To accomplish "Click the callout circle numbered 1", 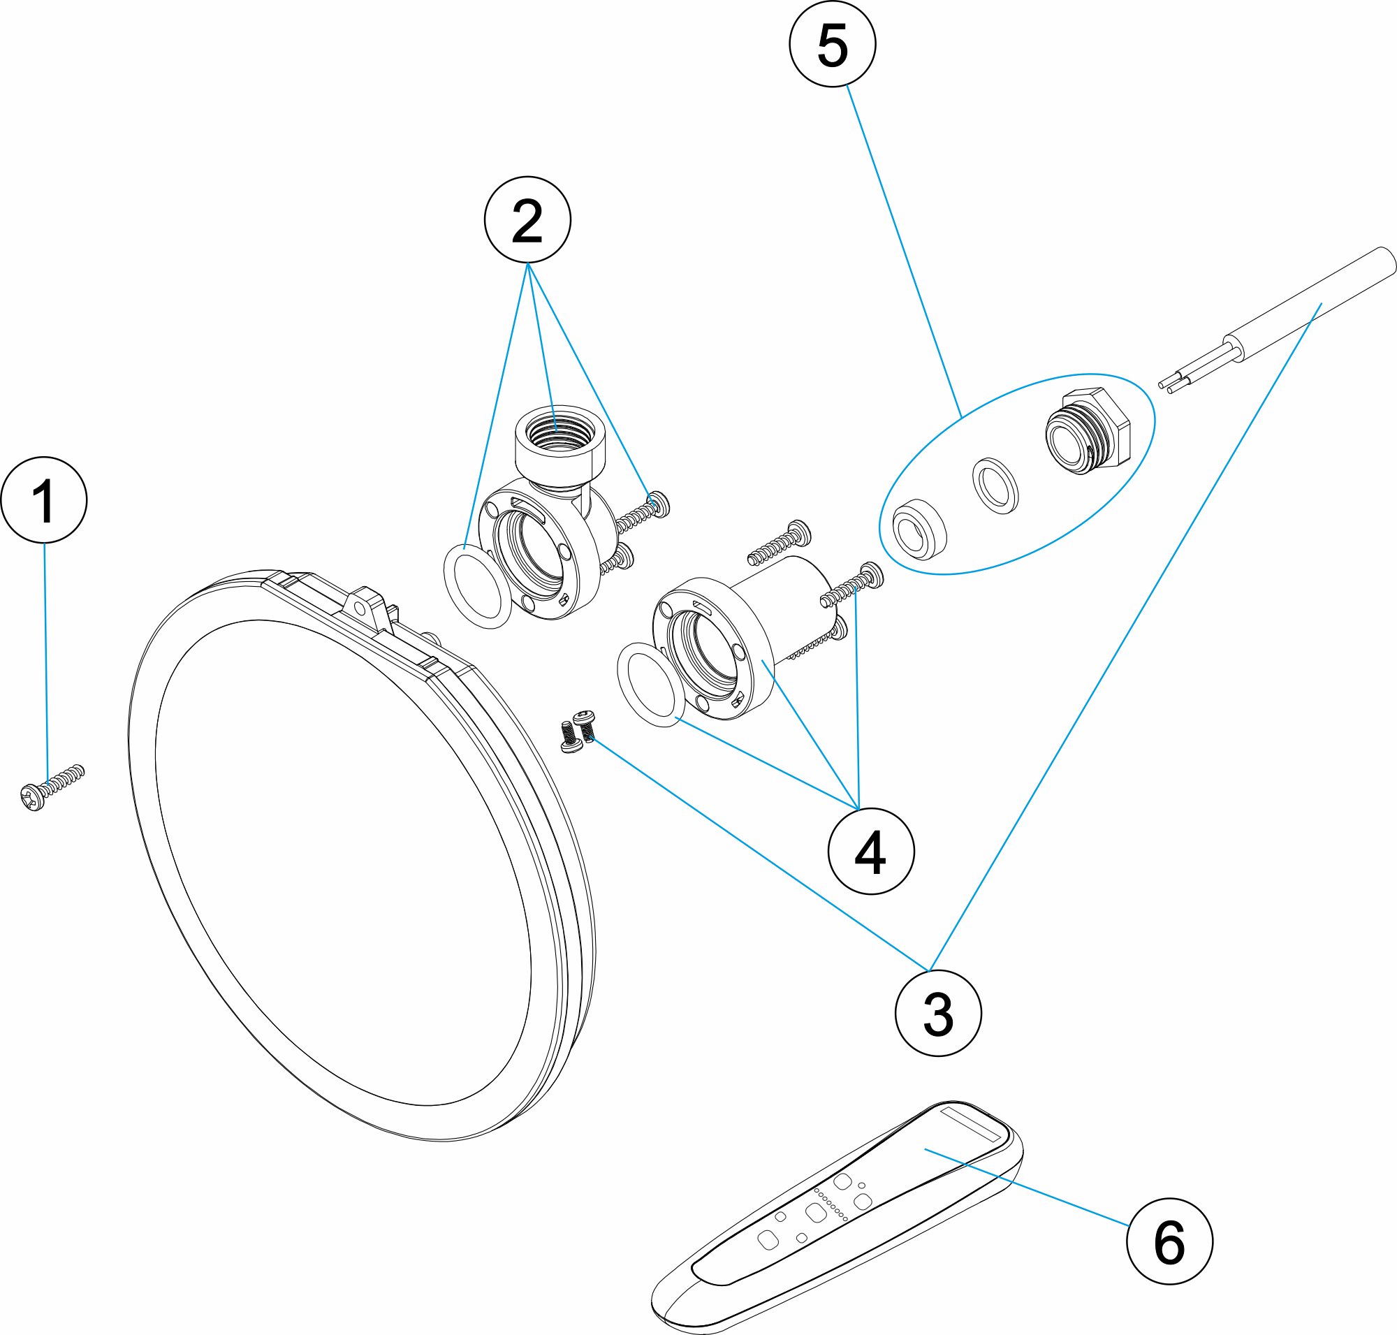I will pos(44,500).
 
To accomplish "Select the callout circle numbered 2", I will pos(527,220).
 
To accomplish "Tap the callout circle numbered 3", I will pos(938,1013).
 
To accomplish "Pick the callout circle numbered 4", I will pos(871,851).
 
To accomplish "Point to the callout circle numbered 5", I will pos(833,44).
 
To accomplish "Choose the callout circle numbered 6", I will pos(1169,1242).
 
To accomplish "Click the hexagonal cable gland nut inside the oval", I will pos(1088,431).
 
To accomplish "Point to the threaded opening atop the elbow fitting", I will pos(559,430).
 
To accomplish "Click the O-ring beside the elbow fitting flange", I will pos(478,587).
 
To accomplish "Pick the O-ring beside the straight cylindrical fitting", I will pos(648,684).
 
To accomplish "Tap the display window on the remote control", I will pos(972,1124).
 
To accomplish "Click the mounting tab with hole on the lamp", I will pos(369,604).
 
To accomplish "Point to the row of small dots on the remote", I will pos(831,1205).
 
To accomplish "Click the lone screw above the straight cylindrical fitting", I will pos(780,542).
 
